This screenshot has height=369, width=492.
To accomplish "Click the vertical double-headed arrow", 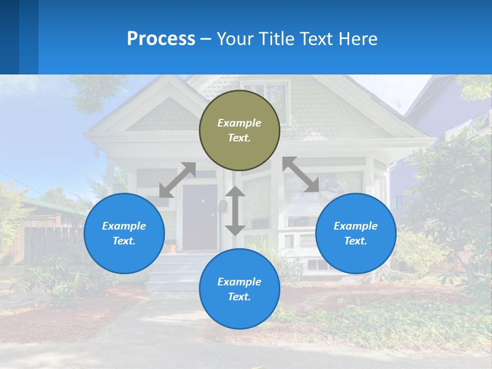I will [x=235, y=211].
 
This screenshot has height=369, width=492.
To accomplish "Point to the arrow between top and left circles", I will [x=177, y=180].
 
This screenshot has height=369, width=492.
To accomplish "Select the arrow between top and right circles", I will [x=301, y=174].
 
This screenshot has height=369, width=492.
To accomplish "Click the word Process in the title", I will [x=161, y=38].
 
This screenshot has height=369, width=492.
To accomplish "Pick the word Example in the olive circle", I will [x=239, y=123].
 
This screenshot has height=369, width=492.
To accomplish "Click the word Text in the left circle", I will [x=124, y=241].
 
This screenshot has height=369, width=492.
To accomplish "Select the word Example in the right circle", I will [x=356, y=226].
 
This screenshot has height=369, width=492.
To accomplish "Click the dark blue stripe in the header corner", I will [x=9, y=37].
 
